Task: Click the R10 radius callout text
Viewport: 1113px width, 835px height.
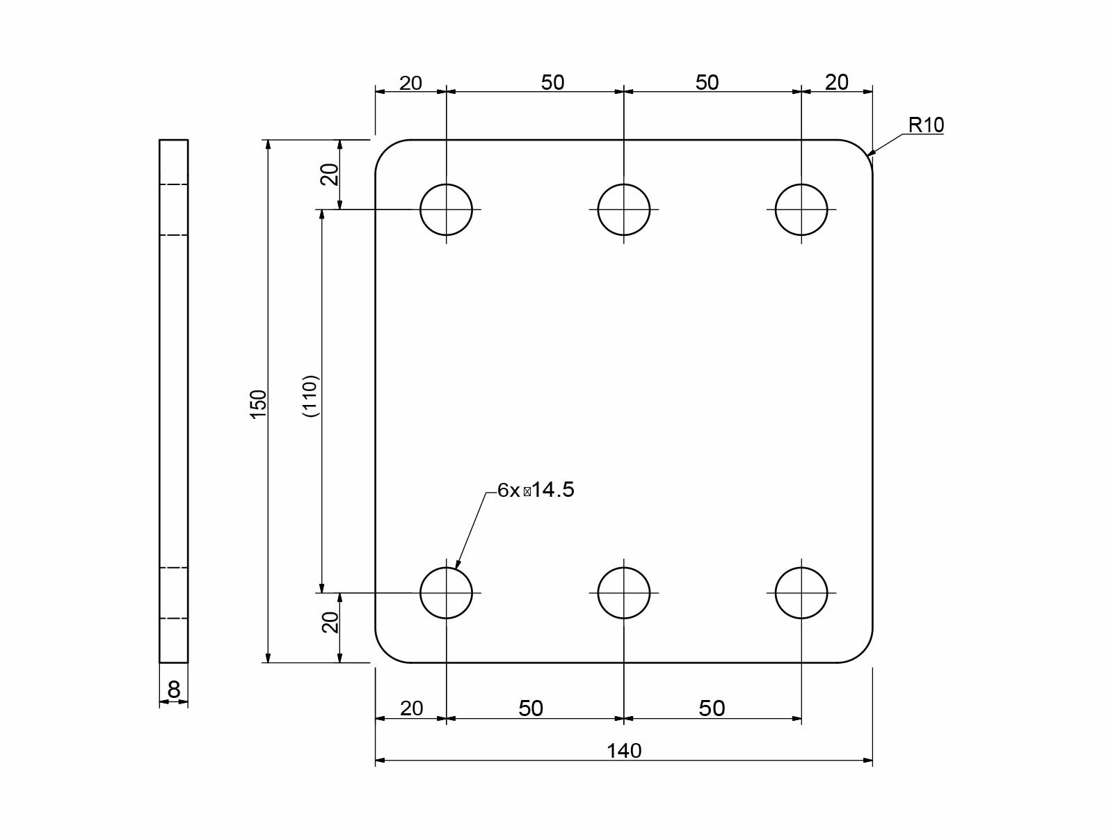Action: pyautogui.click(x=926, y=125)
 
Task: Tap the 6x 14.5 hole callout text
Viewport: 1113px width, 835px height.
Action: pyautogui.click(x=536, y=490)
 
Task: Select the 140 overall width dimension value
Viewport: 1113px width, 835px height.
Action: pyautogui.click(x=624, y=751)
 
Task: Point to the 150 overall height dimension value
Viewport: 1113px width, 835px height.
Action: pyautogui.click(x=258, y=404)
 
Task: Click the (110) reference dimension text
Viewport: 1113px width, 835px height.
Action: pyautogui.click(x=310, y=396)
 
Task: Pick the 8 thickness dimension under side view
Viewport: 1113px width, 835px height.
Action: pyautogui.click(x=174, y=690)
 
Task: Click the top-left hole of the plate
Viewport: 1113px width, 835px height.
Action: pyautogui.click(x=447, y=209)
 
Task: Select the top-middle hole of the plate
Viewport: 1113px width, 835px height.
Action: pyautogui.click(x=624, y=209)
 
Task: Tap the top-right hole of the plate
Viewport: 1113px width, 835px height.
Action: pyautogui.click(x=801, y=209)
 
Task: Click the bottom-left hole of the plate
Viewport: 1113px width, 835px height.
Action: pyautogui.click(x=447, y=593)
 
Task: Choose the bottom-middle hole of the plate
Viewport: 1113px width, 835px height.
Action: pyautogui.click(x=624, y=593)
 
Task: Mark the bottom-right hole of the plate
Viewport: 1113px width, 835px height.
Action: pyautogui.click(x=801, y=593)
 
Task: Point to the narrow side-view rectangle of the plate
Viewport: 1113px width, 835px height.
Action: pyautogui.click(x=174, y=401)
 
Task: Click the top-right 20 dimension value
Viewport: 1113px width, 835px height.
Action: pyautogui.click(x=837, y=82)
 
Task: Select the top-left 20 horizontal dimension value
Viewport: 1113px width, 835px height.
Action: pyautogui.click(x=410, y=83)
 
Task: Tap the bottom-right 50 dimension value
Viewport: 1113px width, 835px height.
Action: pyautogui.click(x=712, y=708)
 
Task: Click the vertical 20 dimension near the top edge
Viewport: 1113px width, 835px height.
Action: pyautogui.click(x=330, y=174)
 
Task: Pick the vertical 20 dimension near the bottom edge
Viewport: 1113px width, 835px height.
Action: pyautogui.click(x=330, y=621)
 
